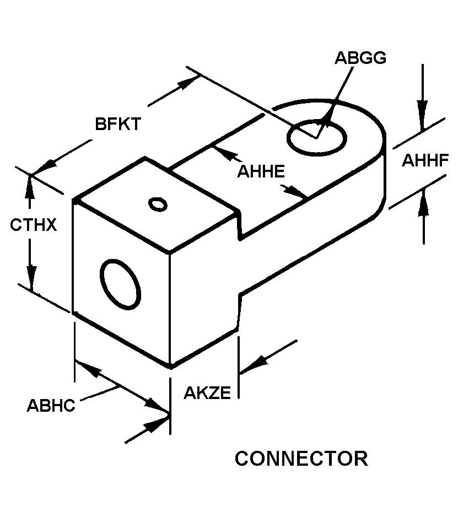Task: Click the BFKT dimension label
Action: (x=118, y=124)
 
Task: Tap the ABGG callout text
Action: (x=360, y=57)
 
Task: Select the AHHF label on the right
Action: (x=425, y=160)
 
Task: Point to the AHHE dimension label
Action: (x=261, y=171)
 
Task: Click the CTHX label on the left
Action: (x=33, y=225)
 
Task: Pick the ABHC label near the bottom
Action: (x=51, y=405)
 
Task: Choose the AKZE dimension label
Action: (x=207, y=392)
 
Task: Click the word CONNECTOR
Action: (x=301, y=459)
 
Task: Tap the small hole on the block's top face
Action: (x=158, y=204)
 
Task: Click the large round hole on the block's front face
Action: (x=120, y=284)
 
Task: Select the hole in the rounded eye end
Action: (x=316, y=137)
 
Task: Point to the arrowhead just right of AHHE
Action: (x=294, y=191)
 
